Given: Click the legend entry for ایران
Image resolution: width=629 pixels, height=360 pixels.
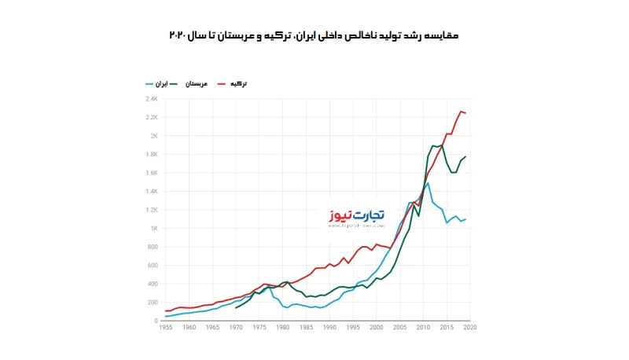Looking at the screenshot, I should [x=157, y=83].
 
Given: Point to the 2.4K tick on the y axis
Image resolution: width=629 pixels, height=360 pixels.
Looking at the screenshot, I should [x=152, y=99].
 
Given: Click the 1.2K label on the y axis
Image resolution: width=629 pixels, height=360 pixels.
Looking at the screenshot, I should [x=152, y=210].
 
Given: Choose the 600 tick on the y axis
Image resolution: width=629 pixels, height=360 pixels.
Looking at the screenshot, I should [x=153, y=266].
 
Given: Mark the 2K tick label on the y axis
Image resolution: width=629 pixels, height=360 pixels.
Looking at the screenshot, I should [x=154, y=136].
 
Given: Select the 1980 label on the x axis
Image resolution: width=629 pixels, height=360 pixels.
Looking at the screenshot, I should [x=283, y=328].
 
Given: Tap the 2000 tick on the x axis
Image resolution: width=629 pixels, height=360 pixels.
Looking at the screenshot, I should [x=377, y=328].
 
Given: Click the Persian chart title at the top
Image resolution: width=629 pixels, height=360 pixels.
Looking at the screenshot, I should [x=314, y=36].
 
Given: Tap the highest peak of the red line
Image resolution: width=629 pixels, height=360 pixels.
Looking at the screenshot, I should [x=461, y=111].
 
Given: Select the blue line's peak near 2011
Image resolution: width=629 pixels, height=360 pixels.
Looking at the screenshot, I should [x=428, y=182].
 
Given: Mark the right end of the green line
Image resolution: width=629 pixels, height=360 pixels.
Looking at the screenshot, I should [x=465, y=156].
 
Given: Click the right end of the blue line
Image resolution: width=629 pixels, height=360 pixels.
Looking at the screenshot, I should [x=465, y=219].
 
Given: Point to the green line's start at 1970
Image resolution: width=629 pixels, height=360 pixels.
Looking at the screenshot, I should [x=236, y=308].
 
